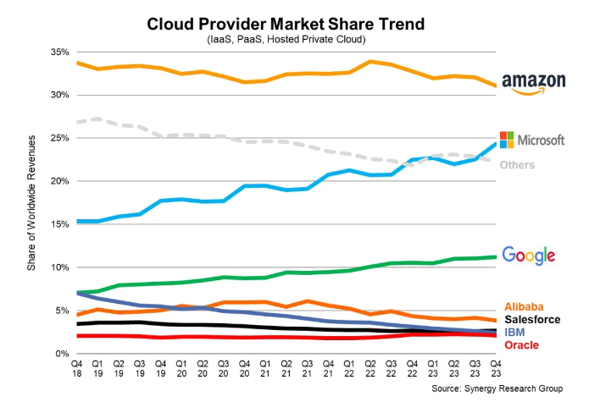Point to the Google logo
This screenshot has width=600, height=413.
click(x=529, y=255)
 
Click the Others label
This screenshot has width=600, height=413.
click(x=517, y=165)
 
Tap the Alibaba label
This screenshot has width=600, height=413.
click(x=524, y=306)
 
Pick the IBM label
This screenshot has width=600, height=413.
click(x=514, y=332)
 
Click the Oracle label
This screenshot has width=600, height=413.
click(x=521, y=344)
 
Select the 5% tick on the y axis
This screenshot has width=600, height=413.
click(x=60, y=311)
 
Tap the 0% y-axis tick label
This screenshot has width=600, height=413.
click(x=60, y=354)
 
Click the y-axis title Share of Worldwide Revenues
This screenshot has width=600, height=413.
click(x=31, y=203)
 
